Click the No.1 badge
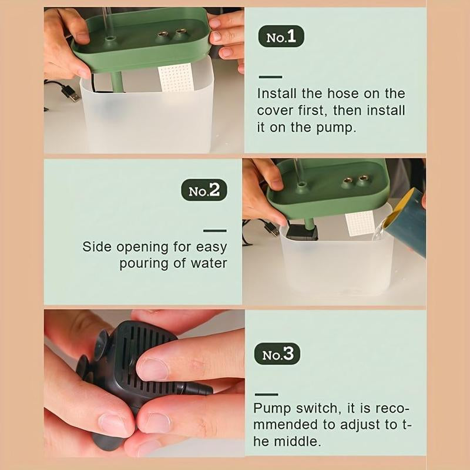click(x=281, y=36)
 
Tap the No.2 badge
click(x=204, y=190)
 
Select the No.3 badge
click(x=277, y=354)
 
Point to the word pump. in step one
click(x=336, y=128)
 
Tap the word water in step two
click(x=209, y=263)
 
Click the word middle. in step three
click(x=297, y=441)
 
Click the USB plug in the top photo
click(x=70, y=93)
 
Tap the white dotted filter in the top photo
click(x=175, y=78)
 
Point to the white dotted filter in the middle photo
click(x=359, y=223)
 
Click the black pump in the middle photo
click(x=301, y=233)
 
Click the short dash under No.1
click(x=270, y=77)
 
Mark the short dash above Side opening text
click(x=214, y=231)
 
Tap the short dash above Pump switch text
click(x=267, y=394)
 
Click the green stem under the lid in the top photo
click(x=117, y=82)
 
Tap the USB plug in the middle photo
click(x=271, y=229)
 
